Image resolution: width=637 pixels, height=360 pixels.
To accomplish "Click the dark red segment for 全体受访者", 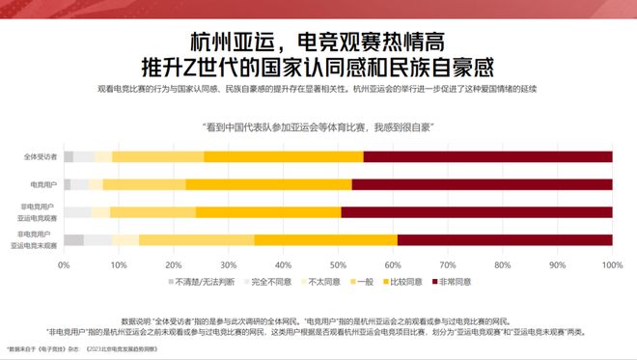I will point(487,156).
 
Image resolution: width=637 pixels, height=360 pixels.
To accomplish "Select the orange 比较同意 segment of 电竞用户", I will point(268,183).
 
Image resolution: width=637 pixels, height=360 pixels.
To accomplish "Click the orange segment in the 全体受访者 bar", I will point(284,156).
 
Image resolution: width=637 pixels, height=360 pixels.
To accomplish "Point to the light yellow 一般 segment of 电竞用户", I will point(144,183).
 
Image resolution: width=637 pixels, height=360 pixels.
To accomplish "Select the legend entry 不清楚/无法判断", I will point(202,281).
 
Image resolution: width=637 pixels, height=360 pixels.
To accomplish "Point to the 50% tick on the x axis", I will point(338,263).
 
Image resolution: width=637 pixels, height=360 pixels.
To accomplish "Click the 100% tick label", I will point(610,263).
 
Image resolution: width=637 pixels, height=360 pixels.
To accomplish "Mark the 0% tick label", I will point(64,263).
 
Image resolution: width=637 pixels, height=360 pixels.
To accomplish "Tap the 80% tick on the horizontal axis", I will point(502,263).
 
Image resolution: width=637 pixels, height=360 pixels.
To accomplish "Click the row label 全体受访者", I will point(40,156).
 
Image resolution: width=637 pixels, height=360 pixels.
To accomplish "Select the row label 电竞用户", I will point(42,183).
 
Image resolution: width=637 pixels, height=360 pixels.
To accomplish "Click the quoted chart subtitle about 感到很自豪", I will point(318,126).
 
